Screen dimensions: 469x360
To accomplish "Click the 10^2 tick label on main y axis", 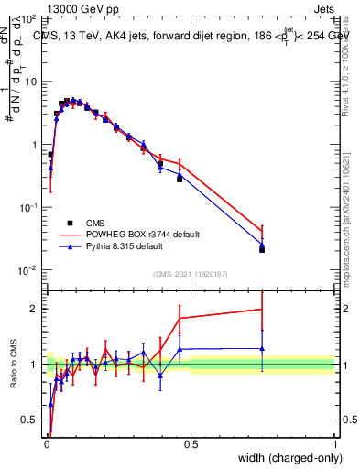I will pos(28,19).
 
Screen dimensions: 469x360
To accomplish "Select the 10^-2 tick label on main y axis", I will pos(28,269).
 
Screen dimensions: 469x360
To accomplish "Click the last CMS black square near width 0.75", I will pos(262,248).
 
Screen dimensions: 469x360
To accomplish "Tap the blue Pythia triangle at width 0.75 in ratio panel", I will pos(262,348).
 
